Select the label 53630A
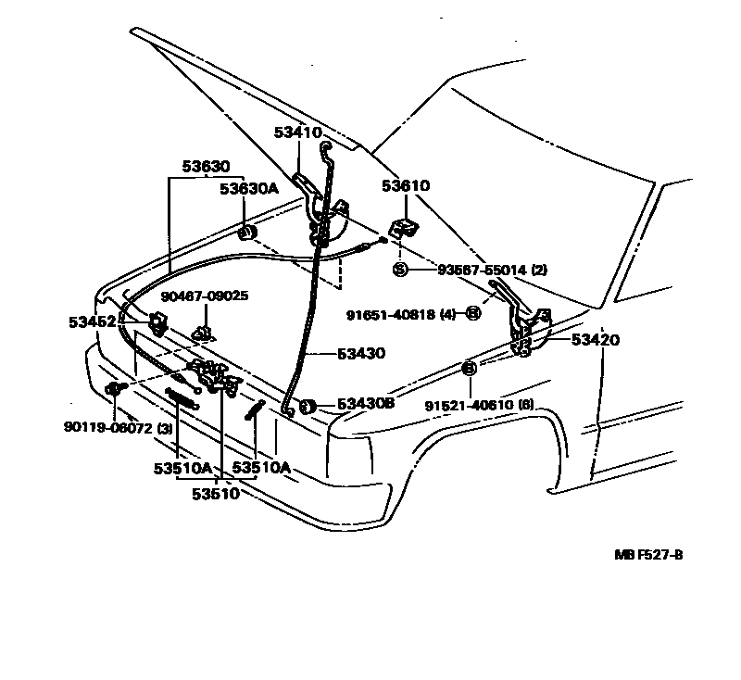pos(248,189)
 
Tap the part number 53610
pos(406,186)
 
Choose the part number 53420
pos(596,340)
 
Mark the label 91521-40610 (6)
pos(480,405)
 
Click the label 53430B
pos(366,404)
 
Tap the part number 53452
pos(92,322)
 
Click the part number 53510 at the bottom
pos(216,494)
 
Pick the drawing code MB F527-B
pos(648,555)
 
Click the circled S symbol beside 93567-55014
pos(400,270)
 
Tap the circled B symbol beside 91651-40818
pos(472,313)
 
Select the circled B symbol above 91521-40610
pos(469,369)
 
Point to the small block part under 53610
pos(402,228)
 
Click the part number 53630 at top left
pos(205,168)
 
